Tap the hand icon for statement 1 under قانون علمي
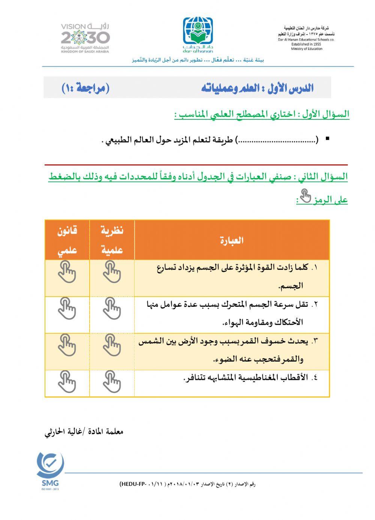pyautogui.click(x=67, y=272)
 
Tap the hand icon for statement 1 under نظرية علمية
pyautogui.click(x=112, y=272)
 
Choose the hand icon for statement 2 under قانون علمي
pyautogui.click(x=67, y=309)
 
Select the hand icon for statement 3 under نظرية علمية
pyautogui.click(x=112, y=345)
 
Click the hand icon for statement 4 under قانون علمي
pyautogui.click(x=67, y=382)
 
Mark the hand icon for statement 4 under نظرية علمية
pyautogui.click(x=112, y=382)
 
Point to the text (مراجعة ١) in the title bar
pyautogui.click(x=85, y=88)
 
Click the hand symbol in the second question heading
pyautogui.click(x=306, y=196)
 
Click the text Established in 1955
pyautogui.click(x=306, y=44)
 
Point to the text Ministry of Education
pyautogui.click(x=306, y=49)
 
